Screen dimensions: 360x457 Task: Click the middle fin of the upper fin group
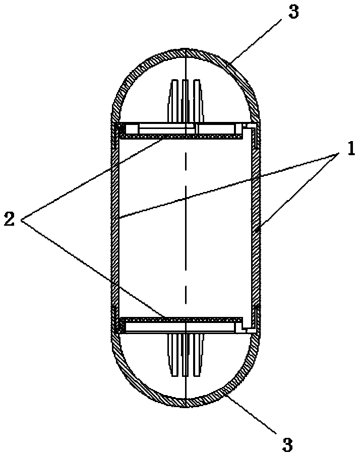(186, 101)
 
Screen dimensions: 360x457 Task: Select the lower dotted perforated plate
(182, 319)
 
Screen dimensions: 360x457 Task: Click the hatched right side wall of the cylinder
(256, 227)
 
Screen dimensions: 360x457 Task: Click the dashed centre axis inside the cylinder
(186, 227)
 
